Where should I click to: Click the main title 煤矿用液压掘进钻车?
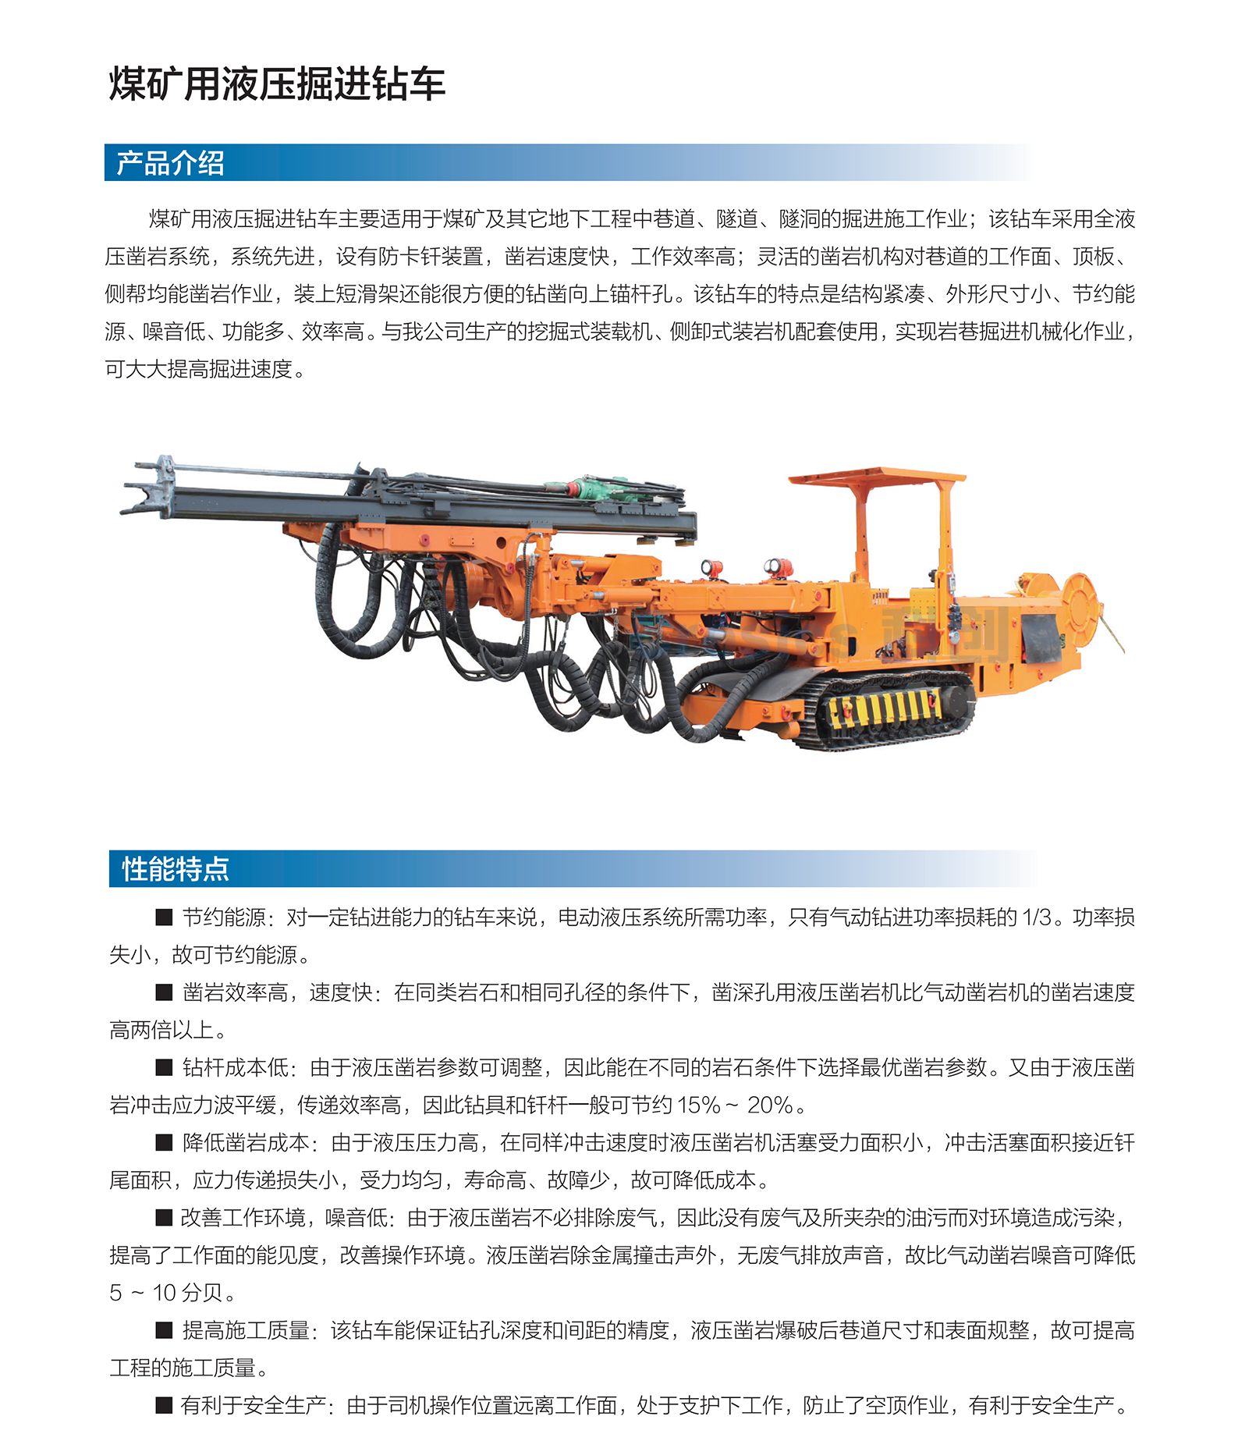click(276, 83)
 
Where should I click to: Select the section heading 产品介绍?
click(170, 163)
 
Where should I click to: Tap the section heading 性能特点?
click(175, 868)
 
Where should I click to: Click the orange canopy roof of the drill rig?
click(877, 475)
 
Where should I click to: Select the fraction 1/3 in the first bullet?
click(1037, 917)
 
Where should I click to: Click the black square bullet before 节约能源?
click(164, 917)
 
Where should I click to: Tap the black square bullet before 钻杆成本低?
click(164, 1067)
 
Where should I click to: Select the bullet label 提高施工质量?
click(246, 1330)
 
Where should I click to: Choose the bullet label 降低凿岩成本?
click(246, 1143)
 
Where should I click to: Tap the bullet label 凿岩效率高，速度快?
click(277, 992)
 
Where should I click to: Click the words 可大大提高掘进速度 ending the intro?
click(199, 369)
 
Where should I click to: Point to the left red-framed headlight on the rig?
click(711, 569)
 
